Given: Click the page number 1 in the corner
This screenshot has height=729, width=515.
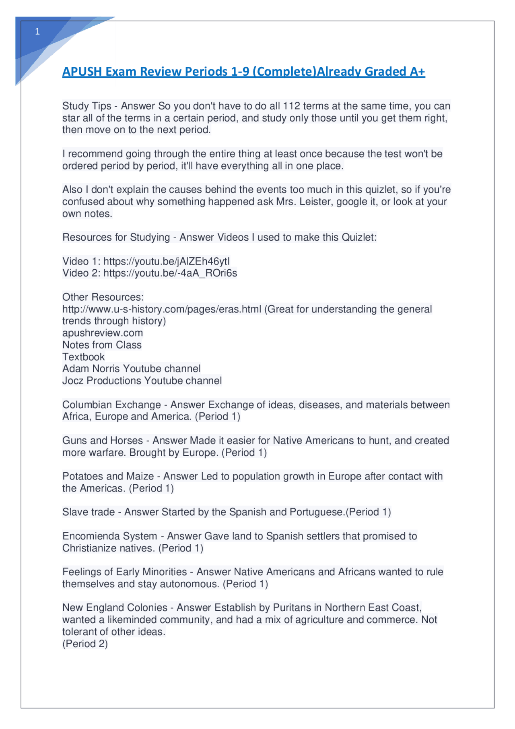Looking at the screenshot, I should (37, 32).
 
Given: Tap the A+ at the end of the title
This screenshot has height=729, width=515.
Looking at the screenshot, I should (417, 72).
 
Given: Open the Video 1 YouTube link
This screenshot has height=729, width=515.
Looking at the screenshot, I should (167, 262).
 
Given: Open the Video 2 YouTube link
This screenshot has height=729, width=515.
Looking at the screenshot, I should (170, 273).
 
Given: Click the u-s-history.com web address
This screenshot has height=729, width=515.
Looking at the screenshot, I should (162, 309).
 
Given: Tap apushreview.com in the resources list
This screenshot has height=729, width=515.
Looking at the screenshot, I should (103, 333).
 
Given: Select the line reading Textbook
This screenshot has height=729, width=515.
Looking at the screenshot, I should (83, 357).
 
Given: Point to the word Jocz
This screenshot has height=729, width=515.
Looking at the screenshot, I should (73, 381).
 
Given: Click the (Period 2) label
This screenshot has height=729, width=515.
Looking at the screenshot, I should (85, 644).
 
